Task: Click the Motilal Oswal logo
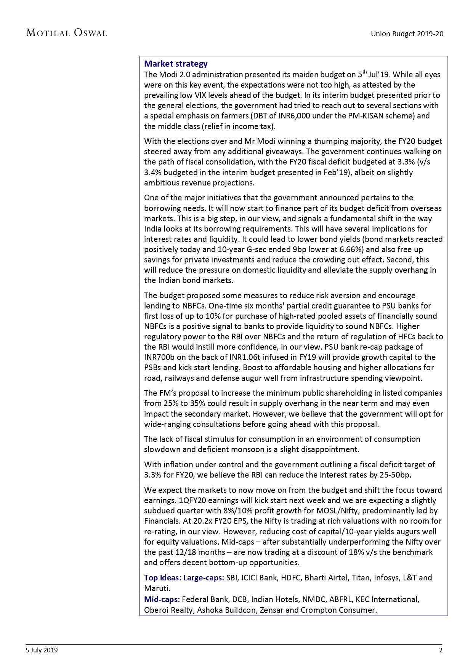66,33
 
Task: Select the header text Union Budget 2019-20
407,34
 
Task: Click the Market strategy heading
176,64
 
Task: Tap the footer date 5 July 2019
42,650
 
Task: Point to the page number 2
441,650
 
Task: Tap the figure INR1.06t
245,357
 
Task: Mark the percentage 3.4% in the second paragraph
152,173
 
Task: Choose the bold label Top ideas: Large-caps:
184,578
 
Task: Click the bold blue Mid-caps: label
162,599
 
